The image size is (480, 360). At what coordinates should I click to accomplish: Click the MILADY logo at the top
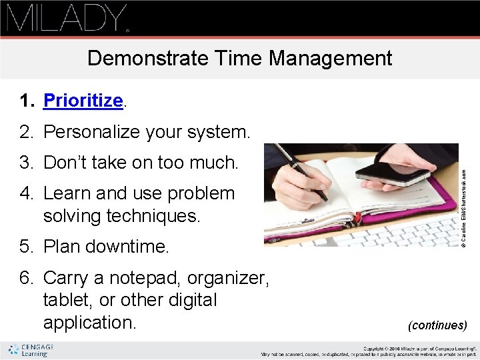[x=67, y=18]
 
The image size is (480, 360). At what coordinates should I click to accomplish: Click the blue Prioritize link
[x=83, y=101]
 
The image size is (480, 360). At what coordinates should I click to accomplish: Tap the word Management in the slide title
[x=331, y=58]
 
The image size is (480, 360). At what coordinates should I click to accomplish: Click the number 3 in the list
[x=25, y=162]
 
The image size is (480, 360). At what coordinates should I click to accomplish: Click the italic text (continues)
[x=437, y=325]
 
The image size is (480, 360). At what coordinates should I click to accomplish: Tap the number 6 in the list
[x=25, y=277]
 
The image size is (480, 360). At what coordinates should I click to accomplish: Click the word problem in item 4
[x=201, y=193]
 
